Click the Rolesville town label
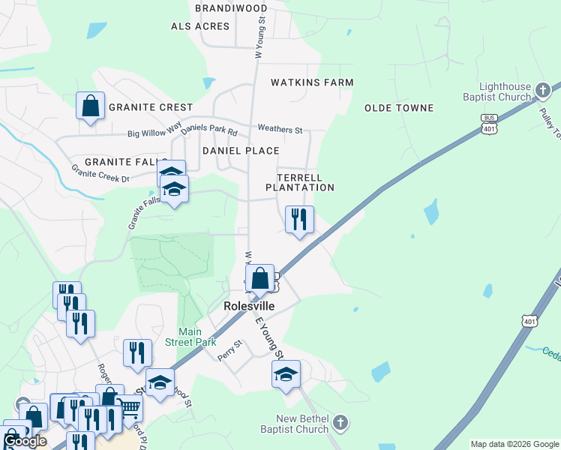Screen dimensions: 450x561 click(x=248, y=306)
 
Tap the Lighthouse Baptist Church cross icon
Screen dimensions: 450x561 click(x=543, y=91)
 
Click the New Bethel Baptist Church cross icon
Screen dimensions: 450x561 click(x=340, y=421)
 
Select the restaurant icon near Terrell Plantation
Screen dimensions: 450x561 click(x=299, y=220)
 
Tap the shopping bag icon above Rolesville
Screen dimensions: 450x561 click(x=259, y=278)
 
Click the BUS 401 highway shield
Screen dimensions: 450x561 click(x=490, y=124)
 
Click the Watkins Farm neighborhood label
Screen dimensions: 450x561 click(x=311, y=82)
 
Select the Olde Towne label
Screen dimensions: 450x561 click(x=399, y=108)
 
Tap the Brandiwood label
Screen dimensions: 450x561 click(x=230, y=7)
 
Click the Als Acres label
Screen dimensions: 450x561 click(x=200, y=26)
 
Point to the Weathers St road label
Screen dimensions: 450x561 click(x=279, y=130)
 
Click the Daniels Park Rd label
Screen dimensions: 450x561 click(x=208, y=130)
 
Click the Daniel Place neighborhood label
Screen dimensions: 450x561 click(x=241, y=151)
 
